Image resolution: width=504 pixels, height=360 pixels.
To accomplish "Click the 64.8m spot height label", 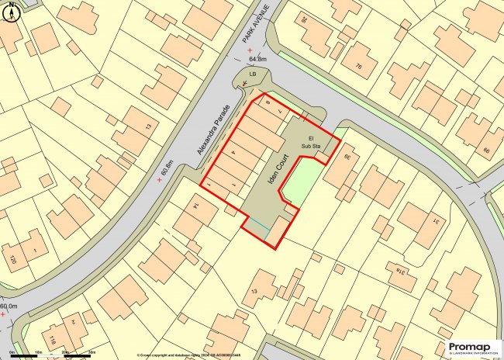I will click(257, 58).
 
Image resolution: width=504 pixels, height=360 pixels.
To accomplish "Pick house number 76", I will click(358, 67).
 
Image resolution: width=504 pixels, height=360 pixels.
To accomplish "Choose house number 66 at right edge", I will click(486, 151).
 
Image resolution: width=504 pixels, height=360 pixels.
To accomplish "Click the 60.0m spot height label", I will click(9, 307).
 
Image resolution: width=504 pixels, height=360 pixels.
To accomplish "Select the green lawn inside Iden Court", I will click(301, 183).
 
